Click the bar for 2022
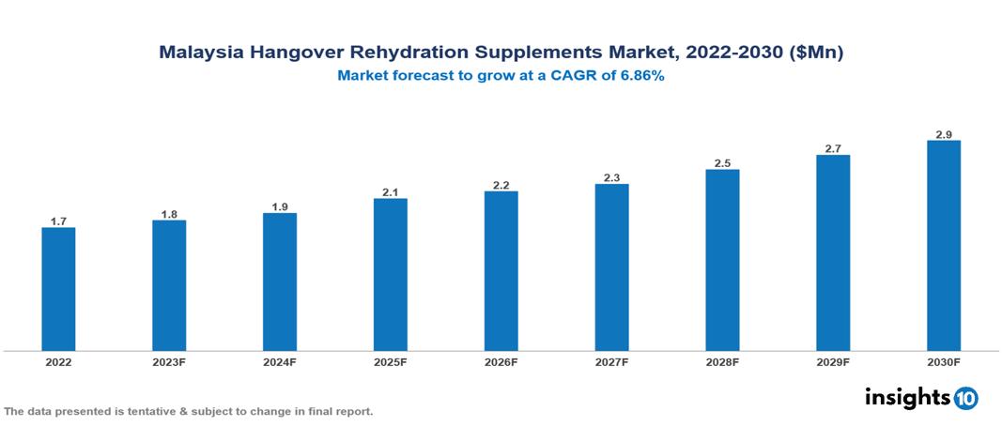pyautogui.click(x=58, y=289)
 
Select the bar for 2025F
pyautogui.click(x=391, y=274)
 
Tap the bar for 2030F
pyautogui.click(x=944, y=246)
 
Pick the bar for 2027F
pyautogui.click(x=611, y=267)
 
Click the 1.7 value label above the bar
pyautogui.click(x=58, y=221)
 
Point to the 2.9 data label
pyautogui.click(x=944, y=135)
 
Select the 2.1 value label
pyautogui.click(x=391, y=192)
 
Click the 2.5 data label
pyautogui.click(x=722, y=163)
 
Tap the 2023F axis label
pyautogui.click(x=169, y=362)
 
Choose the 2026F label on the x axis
pyautogui.click(x=501, y=362)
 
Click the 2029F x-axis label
pyautogui.click(x=833, y=362)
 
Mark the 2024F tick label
pyautogui.click(x=280, y=362)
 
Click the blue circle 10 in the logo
pyautogui.click(x=965, y=399)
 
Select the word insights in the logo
pyautogui.click(x=907, y=397)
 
